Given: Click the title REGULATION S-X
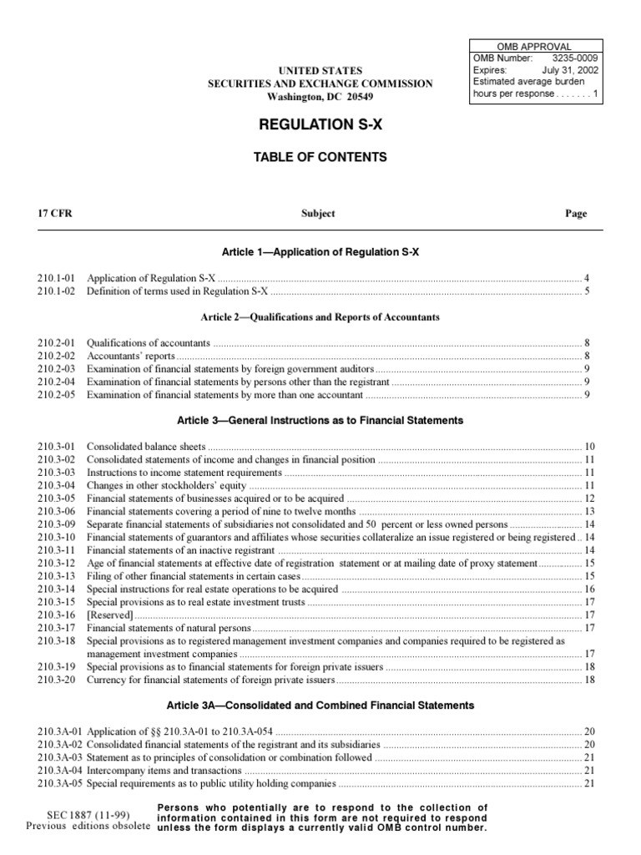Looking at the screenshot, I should pyautogui.click(x=320, y=125).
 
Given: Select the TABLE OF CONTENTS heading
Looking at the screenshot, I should pyautogui.click(x=320, y=157).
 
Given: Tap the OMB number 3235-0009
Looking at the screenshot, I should pyautogui.click(x=577, y=58).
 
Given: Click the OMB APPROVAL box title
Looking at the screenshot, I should pyautogui.click(x=534, y=46).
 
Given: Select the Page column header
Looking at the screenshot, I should pyautogui.click(x=576, y=214).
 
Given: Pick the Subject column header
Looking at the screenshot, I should pyautogui.click(x=318, y=214).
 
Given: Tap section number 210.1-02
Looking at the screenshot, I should pyautogui.click(x=57, y=291).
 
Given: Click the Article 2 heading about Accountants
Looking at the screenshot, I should pyautogui.click(x=320, y=317).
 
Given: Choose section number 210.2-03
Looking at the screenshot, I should pyautogui.click(x=57, y=368).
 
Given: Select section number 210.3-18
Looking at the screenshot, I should pyautogui.click(x=57, y=641).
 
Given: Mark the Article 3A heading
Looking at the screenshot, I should pyautogui.click(x=320, y=706).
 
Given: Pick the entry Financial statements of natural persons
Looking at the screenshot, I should pyautogui.click(x=169, y=628).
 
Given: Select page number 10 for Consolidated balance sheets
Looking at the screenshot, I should pyautogui.click(x=588, y=447).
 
